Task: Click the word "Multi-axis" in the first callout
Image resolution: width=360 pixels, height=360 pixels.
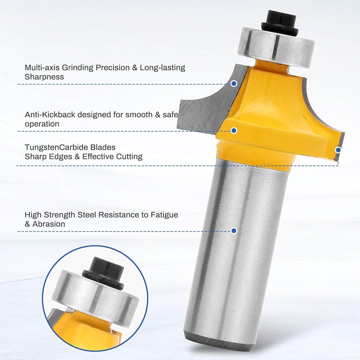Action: point(42,68)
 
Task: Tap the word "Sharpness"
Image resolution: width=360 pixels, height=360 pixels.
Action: point(44,77)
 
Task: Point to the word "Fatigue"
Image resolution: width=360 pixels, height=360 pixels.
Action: point(165,215)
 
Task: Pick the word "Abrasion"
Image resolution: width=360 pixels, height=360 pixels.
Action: point(49,224)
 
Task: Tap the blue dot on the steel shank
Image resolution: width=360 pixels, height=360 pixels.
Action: point(234,230)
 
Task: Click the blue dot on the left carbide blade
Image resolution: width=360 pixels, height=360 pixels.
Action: point(234,84)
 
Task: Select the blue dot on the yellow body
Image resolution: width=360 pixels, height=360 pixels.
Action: point(234,130)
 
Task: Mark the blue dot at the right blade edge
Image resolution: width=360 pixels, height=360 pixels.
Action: point(338,150)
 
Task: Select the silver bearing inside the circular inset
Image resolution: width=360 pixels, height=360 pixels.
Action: point(95,297)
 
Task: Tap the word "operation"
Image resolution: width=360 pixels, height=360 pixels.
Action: point(42,124)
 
